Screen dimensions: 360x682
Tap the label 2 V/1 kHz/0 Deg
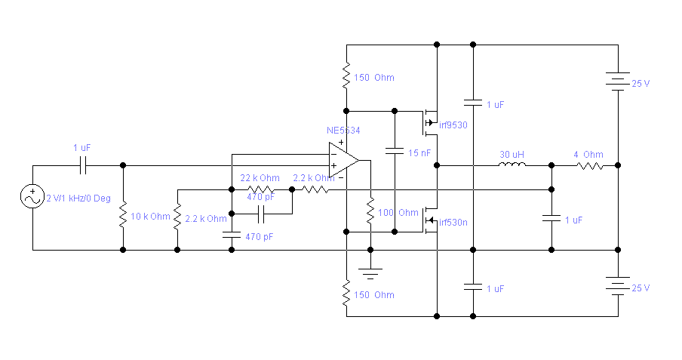click(78, 198)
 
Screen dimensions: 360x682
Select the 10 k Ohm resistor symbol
click(123, 217)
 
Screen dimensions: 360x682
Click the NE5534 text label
click(343, 131)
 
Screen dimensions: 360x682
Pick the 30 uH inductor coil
click(512, 165)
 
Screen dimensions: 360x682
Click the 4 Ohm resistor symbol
click(589, 165)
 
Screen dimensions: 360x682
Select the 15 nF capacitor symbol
click(395, 150)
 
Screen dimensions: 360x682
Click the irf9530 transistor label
click(453, 125)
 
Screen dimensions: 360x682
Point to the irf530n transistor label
click(453, 222)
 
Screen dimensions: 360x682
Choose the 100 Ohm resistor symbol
click(370, 211)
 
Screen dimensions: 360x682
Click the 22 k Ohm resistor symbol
click(260, 189)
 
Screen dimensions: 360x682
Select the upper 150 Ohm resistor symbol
click(346, 75)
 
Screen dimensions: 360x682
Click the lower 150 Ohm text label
click(374, 294)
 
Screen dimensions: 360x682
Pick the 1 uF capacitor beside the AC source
click(84, 165)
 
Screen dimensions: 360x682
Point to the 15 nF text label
click(419, 153)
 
